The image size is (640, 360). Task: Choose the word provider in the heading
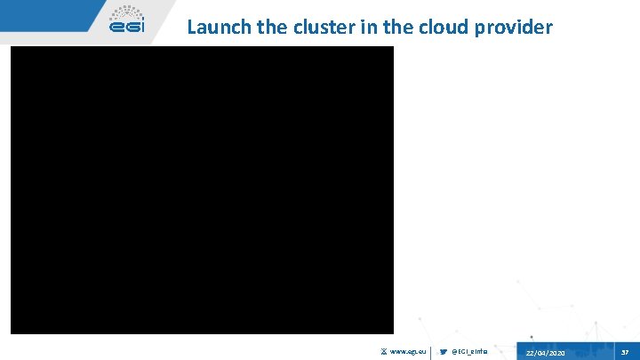[x=513, y=28]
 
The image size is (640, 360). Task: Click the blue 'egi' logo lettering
[x=126, y=28]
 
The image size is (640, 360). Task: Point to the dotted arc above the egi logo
[x=126, y=12]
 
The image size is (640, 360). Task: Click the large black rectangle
[x=202, y=189]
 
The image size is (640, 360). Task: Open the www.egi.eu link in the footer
[x=409, y=353]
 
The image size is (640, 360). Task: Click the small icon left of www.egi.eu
[x=384, y=353]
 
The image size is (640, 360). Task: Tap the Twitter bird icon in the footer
[x=444, y=353]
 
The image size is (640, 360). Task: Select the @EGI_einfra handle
[x=470, y=353]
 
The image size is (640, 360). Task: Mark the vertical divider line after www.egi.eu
[x=431, y=352]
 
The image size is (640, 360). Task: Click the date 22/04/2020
[x=545, y=354]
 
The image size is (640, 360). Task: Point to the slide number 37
[x=626, y=352]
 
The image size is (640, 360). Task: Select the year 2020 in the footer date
[x=556, y=354]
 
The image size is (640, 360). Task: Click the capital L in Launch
[x=191, y=28]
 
